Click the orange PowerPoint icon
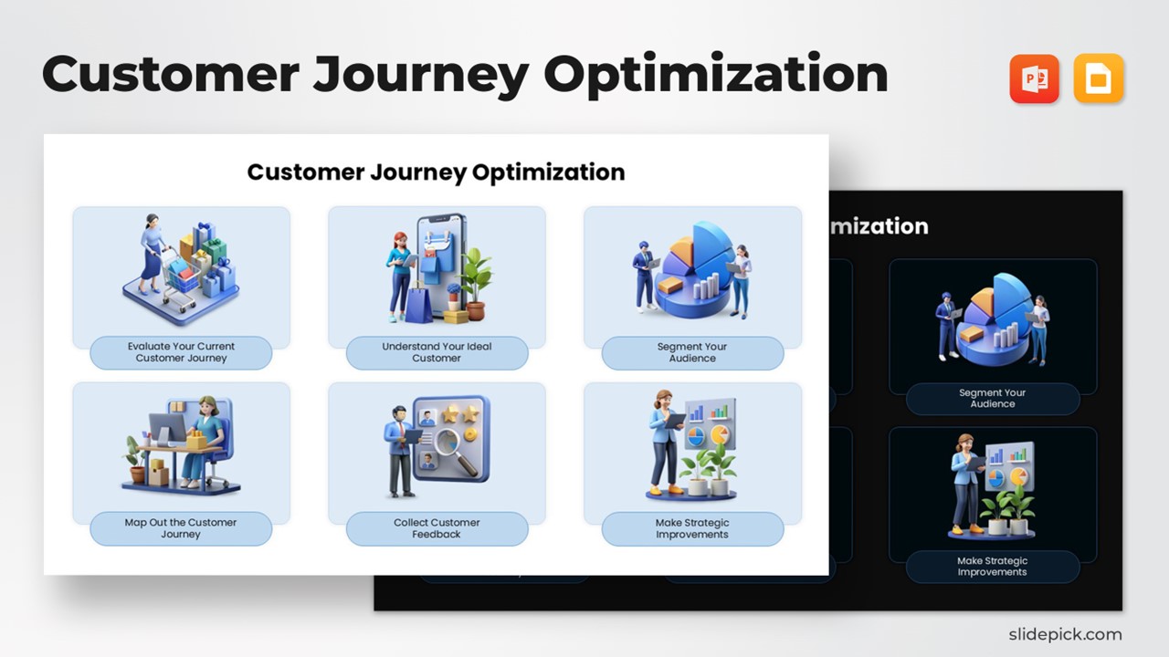click(1034, 78)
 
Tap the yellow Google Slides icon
click(1099, 78)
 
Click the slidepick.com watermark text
click(1064, 634)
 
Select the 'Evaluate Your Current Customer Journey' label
click(181, 352)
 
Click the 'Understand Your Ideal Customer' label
click(437, 352)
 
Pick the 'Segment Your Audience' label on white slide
click(692, 352)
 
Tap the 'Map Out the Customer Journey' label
click(181, 528)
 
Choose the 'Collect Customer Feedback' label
click(437, 528)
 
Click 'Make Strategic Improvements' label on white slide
click(692, 528)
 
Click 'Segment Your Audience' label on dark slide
click(993, 399)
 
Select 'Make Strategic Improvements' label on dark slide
click(993, 567)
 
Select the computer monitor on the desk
click(166, 429)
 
